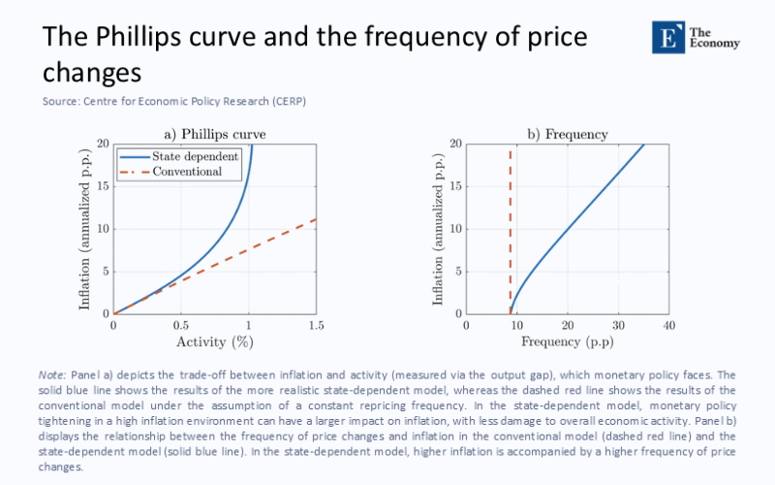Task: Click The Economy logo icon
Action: coord(667,38)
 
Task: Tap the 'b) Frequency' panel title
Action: coord(567,134)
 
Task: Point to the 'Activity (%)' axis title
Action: coord(214,341)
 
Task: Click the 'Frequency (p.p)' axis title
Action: coord(567,341)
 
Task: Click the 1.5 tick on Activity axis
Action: coord(316,324)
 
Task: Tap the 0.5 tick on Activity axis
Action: coord(181,324)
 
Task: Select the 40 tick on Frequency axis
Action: coord(668,324)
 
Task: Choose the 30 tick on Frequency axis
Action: coord(618,324)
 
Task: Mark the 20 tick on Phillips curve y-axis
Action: coord(101,144)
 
